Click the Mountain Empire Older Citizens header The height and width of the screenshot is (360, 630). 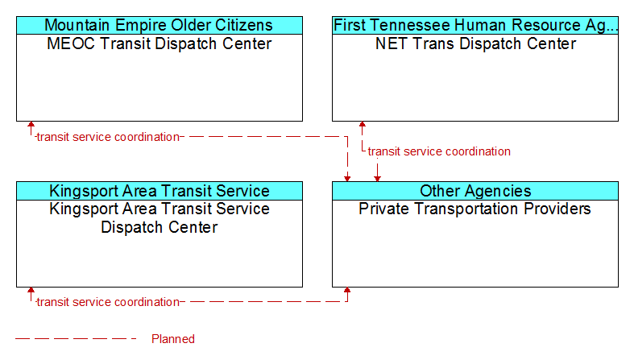pos(159,25)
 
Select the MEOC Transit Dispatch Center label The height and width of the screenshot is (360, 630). pos(159,43)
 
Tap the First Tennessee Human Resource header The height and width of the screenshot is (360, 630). pos(475,25)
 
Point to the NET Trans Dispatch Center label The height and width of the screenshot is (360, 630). pos(475,43)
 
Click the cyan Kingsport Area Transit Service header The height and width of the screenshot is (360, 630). pos(159,191)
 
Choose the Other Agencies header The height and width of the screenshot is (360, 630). pos(475,191)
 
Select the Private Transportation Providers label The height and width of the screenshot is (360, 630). pos(475,209)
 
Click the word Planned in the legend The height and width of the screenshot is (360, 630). pos(173,339)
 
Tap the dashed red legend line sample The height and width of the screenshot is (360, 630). pos(76,339)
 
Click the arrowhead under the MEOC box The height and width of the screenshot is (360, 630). pos(31,125)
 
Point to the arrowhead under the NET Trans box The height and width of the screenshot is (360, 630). pos(362,125)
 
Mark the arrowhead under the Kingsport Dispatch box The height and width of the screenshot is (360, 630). pos(31,291)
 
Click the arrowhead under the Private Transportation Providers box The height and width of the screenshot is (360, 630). pos(347,291)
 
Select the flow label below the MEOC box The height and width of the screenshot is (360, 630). pos(108,137)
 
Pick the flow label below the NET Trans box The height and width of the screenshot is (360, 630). pos(439,151)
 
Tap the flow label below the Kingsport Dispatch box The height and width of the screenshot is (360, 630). pos(108,302)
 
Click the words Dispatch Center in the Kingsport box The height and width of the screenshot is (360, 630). pos(159,227)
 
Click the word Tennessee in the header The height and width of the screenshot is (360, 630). pos(408,25)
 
